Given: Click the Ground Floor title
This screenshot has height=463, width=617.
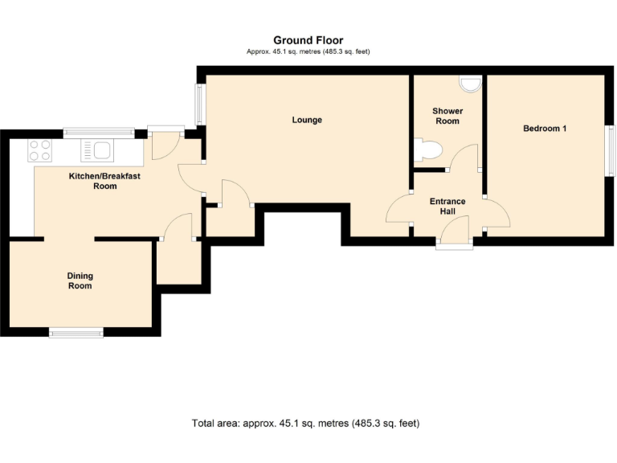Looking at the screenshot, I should (x=308, y=40).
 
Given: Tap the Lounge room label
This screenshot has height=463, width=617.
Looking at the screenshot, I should (x=307, y=121).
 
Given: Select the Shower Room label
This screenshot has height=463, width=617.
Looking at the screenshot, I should (x=447, y=116).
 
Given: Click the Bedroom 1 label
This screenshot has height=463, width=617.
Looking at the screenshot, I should (x=545, y=129).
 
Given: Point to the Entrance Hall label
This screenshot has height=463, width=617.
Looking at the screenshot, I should (x=447, y=207).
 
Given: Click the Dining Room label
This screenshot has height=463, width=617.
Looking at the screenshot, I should (x=80, y=281).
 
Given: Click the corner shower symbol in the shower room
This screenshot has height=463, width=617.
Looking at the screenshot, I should (x=471, y=82).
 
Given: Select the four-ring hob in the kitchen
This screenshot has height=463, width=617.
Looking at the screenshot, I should (x=40, y=150).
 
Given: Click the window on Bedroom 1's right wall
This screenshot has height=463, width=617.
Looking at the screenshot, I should (x=609, y=151).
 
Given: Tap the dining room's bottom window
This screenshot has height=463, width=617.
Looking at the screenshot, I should (x=76, y=332).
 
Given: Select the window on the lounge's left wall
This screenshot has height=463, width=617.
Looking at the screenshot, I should (x=198, y=104).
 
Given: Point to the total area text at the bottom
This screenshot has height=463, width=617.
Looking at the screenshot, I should (x=305, y=423).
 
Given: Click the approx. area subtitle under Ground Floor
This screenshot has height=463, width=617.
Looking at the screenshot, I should (x=308, y=51).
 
